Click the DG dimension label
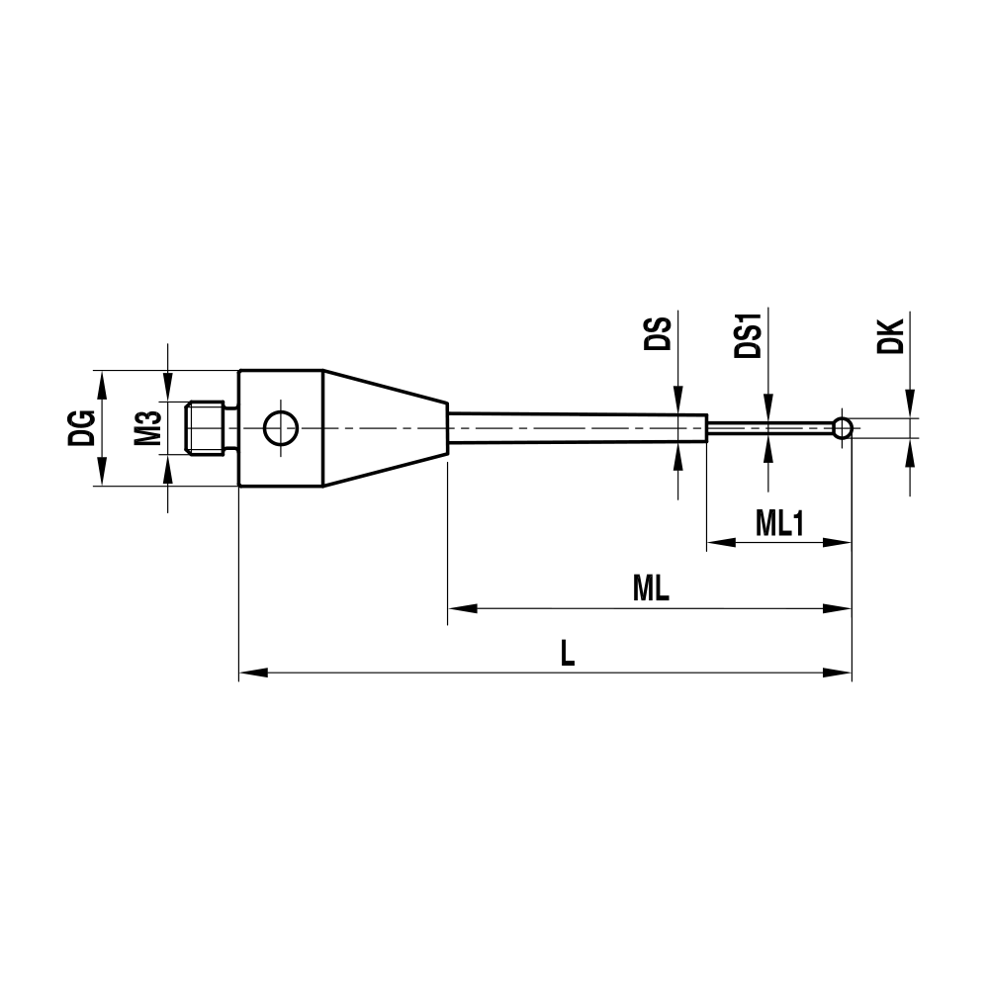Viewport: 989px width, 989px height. [x=82, y=429]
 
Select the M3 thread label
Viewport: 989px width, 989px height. [x=147, y=429]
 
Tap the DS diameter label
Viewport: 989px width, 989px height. [x=658, y=337]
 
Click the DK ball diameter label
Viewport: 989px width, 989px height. [x=890, y=336]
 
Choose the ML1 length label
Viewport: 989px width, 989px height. [x=778, y=525]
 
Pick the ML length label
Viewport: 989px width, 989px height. [x=651, y=590]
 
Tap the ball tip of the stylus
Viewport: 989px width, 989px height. [x=842, y=428]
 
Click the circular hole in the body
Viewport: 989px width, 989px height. [x=280, y=428]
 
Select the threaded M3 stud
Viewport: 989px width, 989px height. [x=209, y=428]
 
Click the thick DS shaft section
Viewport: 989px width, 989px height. [x=578, y=428]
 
